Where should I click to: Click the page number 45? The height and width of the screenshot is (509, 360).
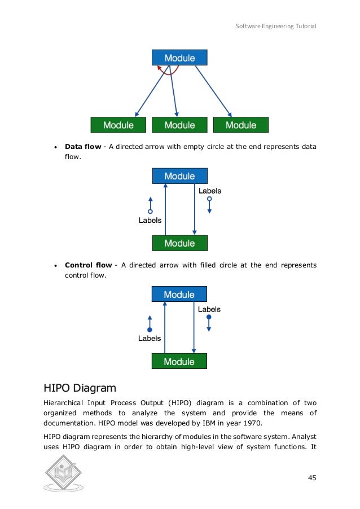(x=311, y=478)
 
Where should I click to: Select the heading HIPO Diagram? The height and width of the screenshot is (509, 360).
(x=80, y=388)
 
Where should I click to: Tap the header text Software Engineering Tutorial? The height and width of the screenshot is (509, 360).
(x=276, y=27)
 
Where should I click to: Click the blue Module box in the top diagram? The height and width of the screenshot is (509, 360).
(x=179, y=58)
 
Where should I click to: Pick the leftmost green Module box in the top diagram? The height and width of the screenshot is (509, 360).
(x=118, y=125)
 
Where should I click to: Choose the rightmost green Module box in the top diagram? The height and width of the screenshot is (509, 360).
(x=241, y=125)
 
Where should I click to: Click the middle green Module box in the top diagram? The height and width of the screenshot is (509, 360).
(x=179, y=125)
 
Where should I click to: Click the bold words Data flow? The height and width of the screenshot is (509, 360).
(x=83, y=147)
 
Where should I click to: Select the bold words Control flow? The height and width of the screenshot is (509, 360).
(x=88, y=265)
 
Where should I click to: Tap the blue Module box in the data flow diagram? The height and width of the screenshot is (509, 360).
(x=179, y=176)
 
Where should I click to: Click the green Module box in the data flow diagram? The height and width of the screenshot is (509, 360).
(x=179, y=243)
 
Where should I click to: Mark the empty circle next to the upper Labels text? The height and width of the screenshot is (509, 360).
(x=209, y=199)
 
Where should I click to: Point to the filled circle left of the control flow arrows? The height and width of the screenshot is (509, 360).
(x=150, y=330)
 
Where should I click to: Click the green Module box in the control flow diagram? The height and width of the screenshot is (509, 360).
(x=179, y=361)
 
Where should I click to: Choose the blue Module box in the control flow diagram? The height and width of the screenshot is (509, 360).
(x=179, y=295)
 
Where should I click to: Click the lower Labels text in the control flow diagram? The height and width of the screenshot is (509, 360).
(x=150, y=339)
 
